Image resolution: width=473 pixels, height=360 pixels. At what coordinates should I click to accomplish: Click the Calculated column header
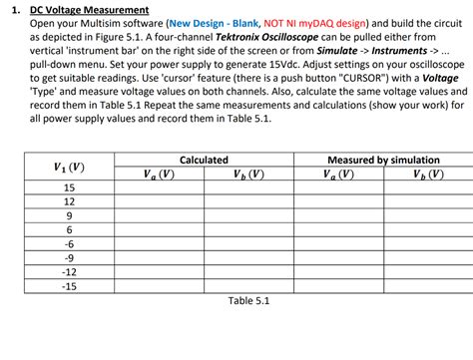(204, 160)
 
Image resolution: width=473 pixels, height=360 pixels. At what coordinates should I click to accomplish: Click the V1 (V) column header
(69, 167)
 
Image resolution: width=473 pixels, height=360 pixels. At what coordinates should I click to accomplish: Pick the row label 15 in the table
(69, 187)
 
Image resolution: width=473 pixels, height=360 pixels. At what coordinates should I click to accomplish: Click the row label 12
(69, 201)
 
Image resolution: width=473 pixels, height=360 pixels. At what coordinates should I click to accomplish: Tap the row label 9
(69, 215)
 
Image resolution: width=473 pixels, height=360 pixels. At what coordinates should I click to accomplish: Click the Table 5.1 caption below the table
(248, 301)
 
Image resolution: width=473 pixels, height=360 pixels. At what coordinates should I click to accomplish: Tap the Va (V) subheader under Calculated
(159, 174)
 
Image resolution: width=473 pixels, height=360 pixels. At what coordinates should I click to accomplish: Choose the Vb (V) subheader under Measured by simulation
(430, 174)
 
